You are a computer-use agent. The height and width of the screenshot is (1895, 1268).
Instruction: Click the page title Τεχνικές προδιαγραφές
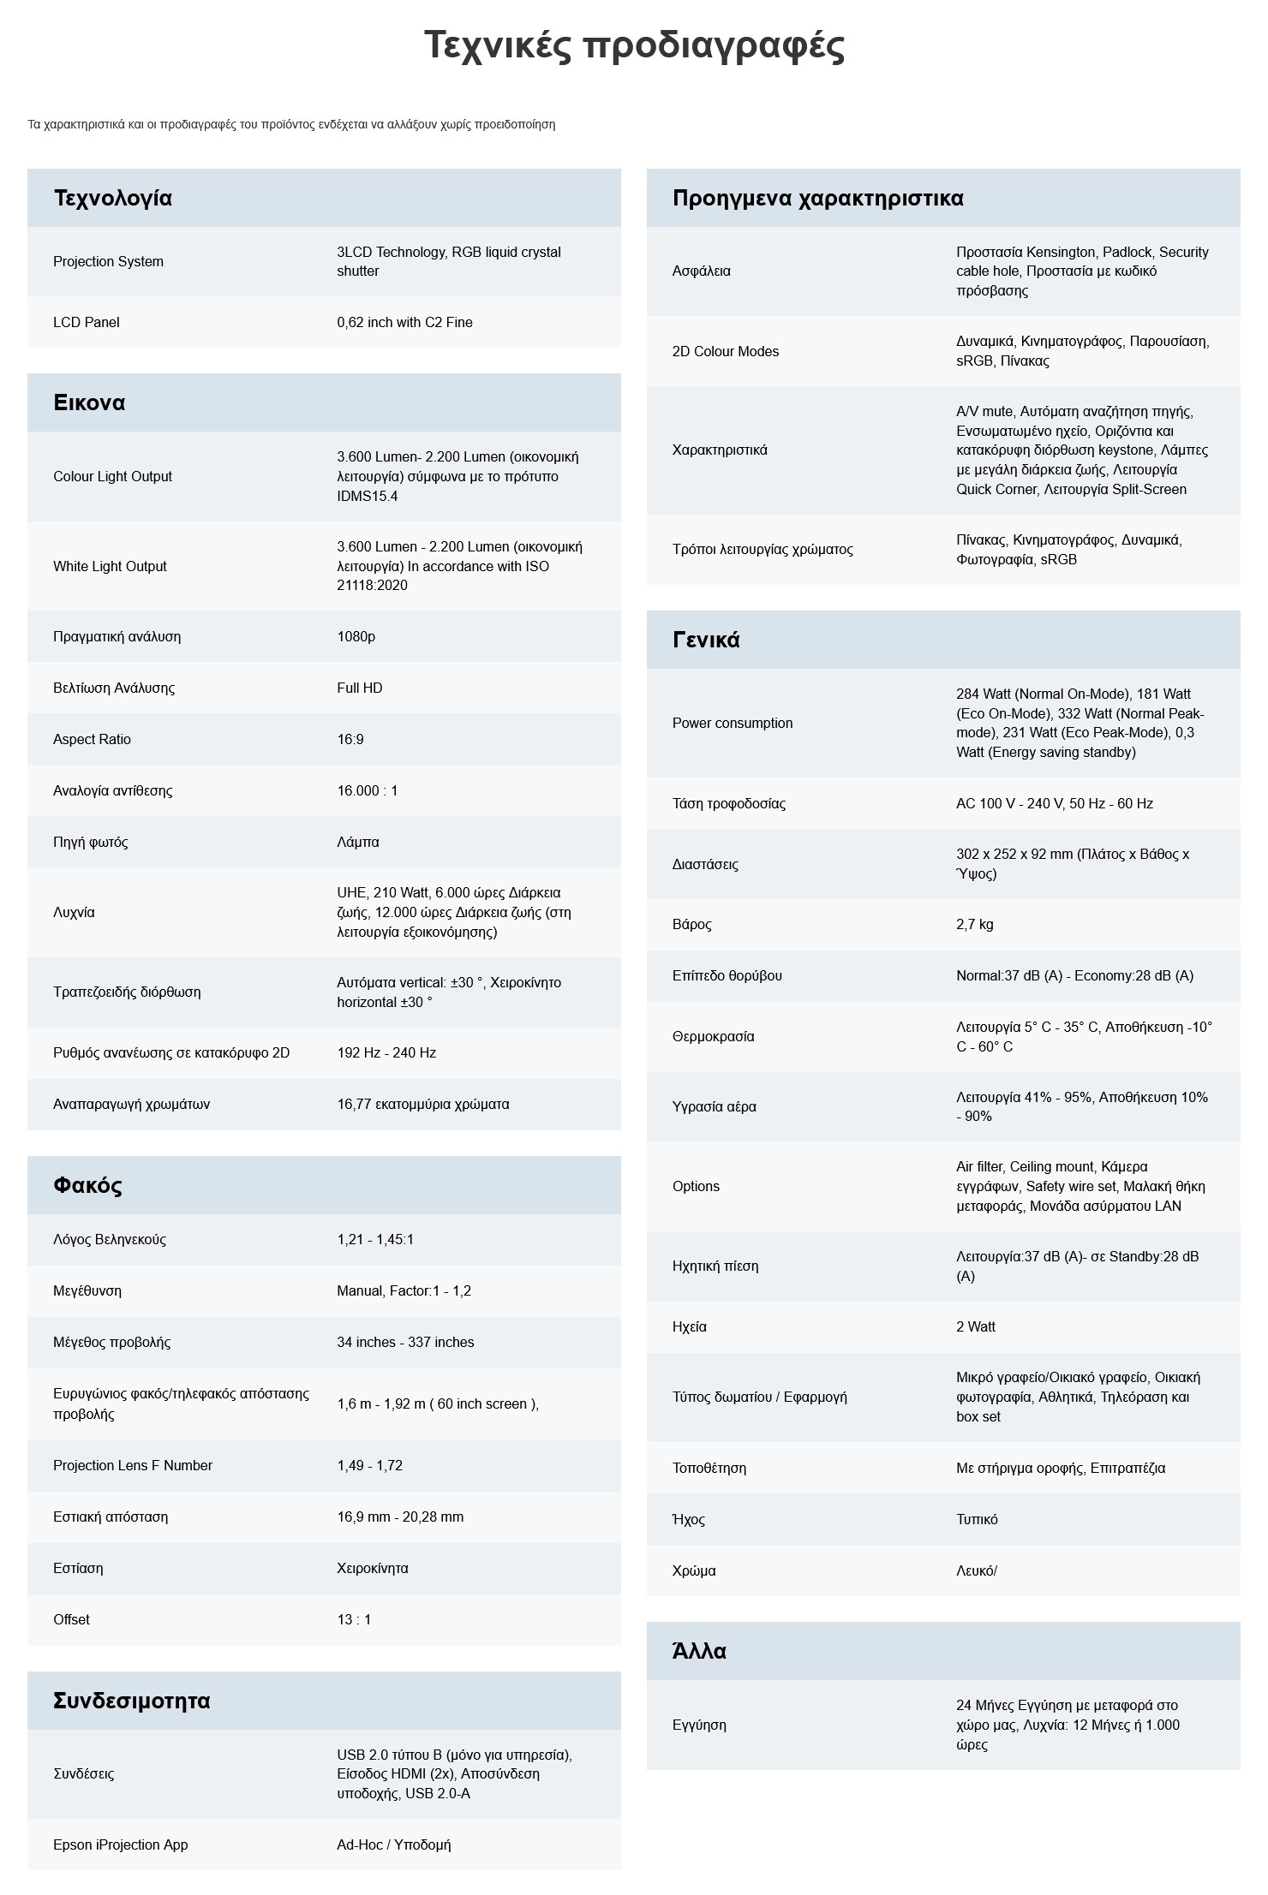click(634, 46)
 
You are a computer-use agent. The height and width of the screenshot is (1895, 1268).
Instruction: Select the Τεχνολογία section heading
click(112, 198)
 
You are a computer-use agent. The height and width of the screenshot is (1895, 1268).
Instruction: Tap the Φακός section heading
click(87, 1185)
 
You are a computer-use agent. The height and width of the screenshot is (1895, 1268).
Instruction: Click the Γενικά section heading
click(706, 640)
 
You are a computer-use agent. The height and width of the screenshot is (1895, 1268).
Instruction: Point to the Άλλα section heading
click(699, 1651)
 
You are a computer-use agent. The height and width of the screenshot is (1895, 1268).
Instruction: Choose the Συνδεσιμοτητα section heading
click(131, 1701)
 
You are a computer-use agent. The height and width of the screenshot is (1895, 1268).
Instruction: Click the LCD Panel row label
click(86, 322)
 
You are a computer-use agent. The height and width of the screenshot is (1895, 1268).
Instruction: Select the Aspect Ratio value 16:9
click(350, 739)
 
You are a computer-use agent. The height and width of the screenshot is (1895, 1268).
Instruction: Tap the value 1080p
click(356, 636)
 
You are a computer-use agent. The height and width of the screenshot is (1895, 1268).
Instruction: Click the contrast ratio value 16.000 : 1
click(367, 790)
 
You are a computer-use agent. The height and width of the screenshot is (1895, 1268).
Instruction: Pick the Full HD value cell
click(360, 688)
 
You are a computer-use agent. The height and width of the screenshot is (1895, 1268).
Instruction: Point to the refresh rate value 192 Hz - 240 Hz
click(386, 1052)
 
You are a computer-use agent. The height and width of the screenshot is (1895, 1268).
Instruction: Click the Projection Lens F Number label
click(133, 1465)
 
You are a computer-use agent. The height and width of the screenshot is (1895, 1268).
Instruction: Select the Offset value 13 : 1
click(354, 1619)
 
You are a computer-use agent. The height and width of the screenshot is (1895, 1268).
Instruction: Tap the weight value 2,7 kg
click(975, 924)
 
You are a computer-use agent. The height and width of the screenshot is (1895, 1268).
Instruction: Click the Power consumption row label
click(733, 723)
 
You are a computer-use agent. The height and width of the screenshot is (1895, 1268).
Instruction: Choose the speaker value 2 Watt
click(976, 1326)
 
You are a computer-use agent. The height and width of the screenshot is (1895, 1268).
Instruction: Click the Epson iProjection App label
click(120, 1844)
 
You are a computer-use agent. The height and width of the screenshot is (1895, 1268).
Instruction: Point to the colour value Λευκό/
click(977, 1570)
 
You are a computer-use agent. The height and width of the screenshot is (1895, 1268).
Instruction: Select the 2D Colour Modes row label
click(726, 351)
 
